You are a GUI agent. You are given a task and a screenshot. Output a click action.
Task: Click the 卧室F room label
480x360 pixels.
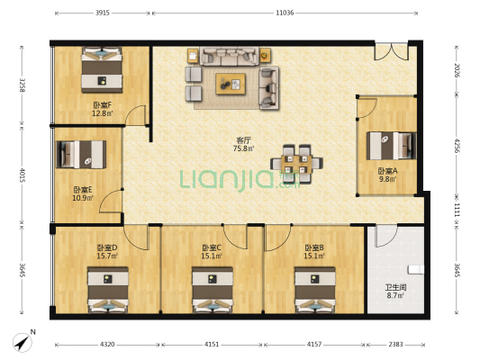[103, 105]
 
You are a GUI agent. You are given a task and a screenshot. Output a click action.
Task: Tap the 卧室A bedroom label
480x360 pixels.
[387, 171]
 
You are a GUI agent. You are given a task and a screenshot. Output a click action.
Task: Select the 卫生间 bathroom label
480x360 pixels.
[395, 287]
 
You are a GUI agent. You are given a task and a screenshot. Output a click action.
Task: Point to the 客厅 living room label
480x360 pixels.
[244, 140]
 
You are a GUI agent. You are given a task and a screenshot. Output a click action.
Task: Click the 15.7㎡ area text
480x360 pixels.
[107, 256]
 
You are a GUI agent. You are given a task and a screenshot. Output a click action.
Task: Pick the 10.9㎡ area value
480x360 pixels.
[83, 198]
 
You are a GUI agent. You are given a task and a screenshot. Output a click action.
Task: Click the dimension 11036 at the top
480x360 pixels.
[285, 13]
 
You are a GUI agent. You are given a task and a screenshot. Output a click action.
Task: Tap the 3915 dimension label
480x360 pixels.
[103, 13]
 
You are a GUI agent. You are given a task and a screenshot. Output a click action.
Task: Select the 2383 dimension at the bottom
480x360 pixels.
[395, 345]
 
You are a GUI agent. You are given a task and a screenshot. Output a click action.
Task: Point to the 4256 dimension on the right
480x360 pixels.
[457, 146]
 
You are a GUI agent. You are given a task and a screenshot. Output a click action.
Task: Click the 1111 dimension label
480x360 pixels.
[457, 210]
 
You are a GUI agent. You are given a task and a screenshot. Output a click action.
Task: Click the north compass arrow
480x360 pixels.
[23, 342]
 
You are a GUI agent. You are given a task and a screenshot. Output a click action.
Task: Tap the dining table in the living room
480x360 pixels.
[296, 164]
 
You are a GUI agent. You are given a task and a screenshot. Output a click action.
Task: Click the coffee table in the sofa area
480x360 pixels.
[231, 84]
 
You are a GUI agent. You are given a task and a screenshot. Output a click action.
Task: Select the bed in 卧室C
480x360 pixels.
[213, 290]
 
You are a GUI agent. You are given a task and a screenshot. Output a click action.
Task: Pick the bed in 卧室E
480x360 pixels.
[81, 155]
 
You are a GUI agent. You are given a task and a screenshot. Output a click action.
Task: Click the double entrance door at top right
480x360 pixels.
[391, 51]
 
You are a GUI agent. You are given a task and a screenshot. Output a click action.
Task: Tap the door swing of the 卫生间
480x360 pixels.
[386, 236]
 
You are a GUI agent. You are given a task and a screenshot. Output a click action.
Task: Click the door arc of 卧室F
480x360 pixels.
[136, 115]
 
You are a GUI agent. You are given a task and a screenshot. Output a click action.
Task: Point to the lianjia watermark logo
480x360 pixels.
[240, 180]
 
